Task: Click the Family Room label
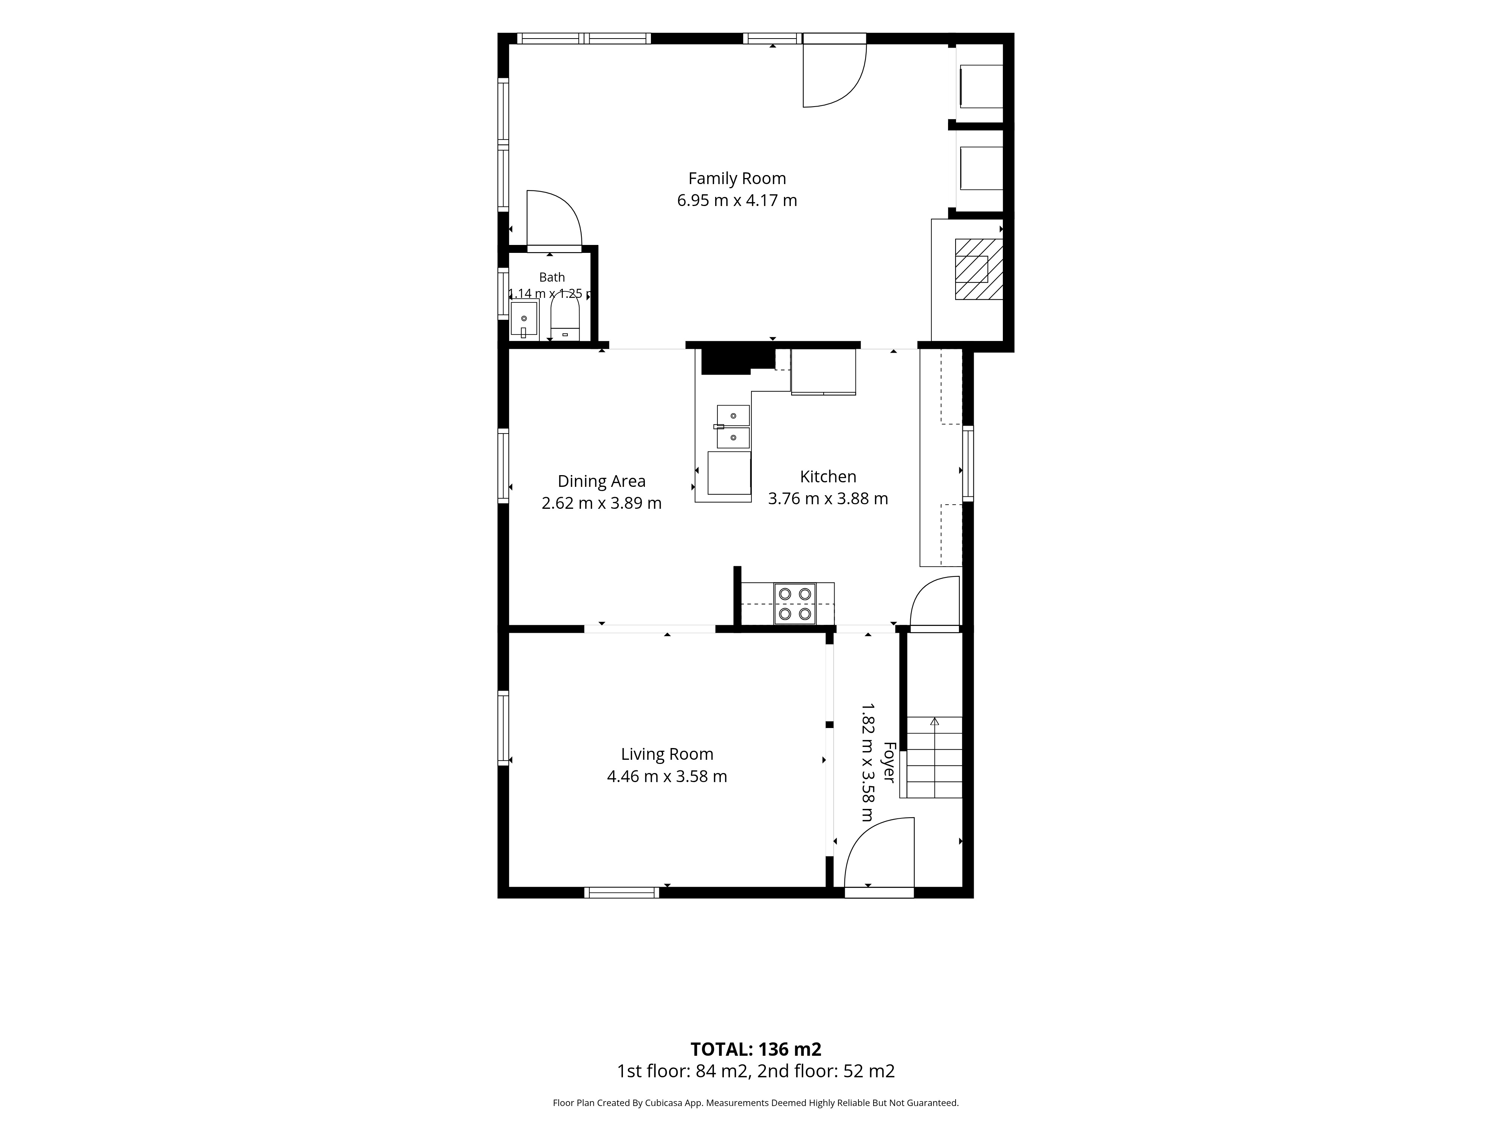(x=737, y=178)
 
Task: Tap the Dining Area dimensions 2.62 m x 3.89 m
(x=601, y=503)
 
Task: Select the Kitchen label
(x=828, y=476)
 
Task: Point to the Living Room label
(x=667, y=754)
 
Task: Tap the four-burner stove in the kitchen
(x=795, y=604)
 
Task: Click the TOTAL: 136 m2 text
(x=756, y=1049)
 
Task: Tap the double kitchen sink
(x=733, y=426)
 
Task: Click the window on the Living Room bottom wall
(x=622, y=892)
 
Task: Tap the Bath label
(x=552, y=277)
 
